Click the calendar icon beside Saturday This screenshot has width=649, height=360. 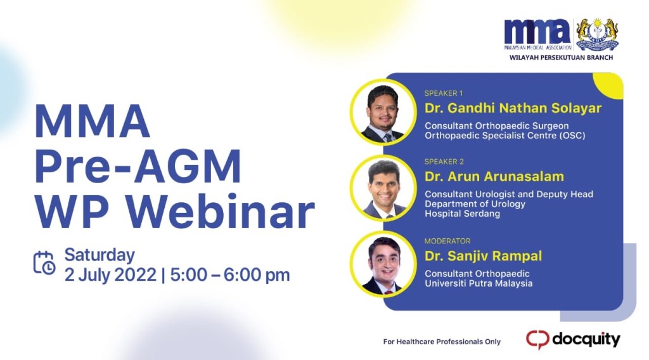tap(44, 263)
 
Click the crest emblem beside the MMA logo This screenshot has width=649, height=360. tap(597, 34)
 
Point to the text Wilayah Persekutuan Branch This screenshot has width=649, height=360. tap(561, 57)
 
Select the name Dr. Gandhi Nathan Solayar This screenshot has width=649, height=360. tap(513, 108)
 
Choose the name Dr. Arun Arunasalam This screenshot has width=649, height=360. tap(494, 176)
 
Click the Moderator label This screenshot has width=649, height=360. tap(447, 241)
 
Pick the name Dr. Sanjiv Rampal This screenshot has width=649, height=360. tap(484, 256)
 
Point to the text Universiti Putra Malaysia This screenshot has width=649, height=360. tap(479, 283)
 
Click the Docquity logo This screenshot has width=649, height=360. tap(573, 339)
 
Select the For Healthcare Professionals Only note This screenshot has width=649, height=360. tap(442, 342)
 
